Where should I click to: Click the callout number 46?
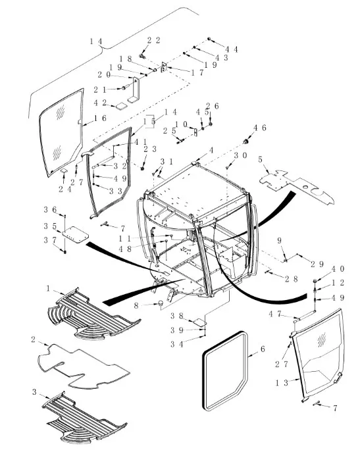pos(259,128)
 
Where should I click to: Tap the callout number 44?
pos(232,49)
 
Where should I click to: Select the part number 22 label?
pos(153,40)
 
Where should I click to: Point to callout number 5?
pos(260,159)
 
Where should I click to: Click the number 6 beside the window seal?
pos(263,349)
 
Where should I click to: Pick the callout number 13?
pos(282,383)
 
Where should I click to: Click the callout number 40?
pos(338,269)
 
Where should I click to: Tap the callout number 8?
pos(136,305)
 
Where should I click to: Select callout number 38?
pos(177,316)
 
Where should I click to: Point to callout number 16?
pos(100,118)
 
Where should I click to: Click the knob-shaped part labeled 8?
pos(160,303)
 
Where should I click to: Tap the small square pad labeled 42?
pos(122,106)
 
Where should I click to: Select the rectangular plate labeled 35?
pos(75,234)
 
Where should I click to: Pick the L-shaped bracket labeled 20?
pos(135,89)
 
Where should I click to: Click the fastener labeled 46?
pos(246,141)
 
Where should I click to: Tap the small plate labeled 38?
pos(200,322)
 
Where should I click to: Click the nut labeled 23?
pos(143,168)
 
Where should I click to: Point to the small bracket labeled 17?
pos(164,67)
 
